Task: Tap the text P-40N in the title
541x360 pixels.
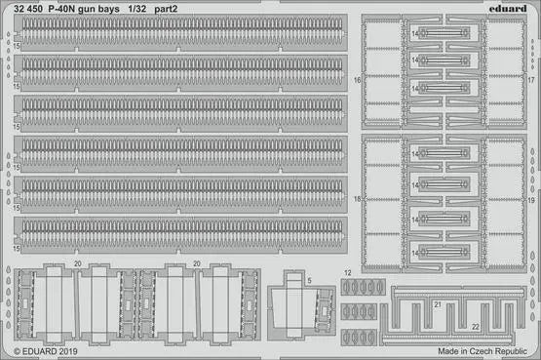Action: [x=65, y=8]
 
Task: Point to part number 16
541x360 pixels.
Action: [x=358, y=79]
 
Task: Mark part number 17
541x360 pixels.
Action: [x=531, y=79]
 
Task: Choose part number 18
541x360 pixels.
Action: [x=358, y=199]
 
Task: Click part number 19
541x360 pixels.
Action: [x=531, y=199]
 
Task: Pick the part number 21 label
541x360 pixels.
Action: [x=438, y=305]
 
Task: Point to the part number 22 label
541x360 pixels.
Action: [x=475, y=326]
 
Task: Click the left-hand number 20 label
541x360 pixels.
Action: [x=78, y=263]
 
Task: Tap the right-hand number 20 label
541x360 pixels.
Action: [x=196, y=263]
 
